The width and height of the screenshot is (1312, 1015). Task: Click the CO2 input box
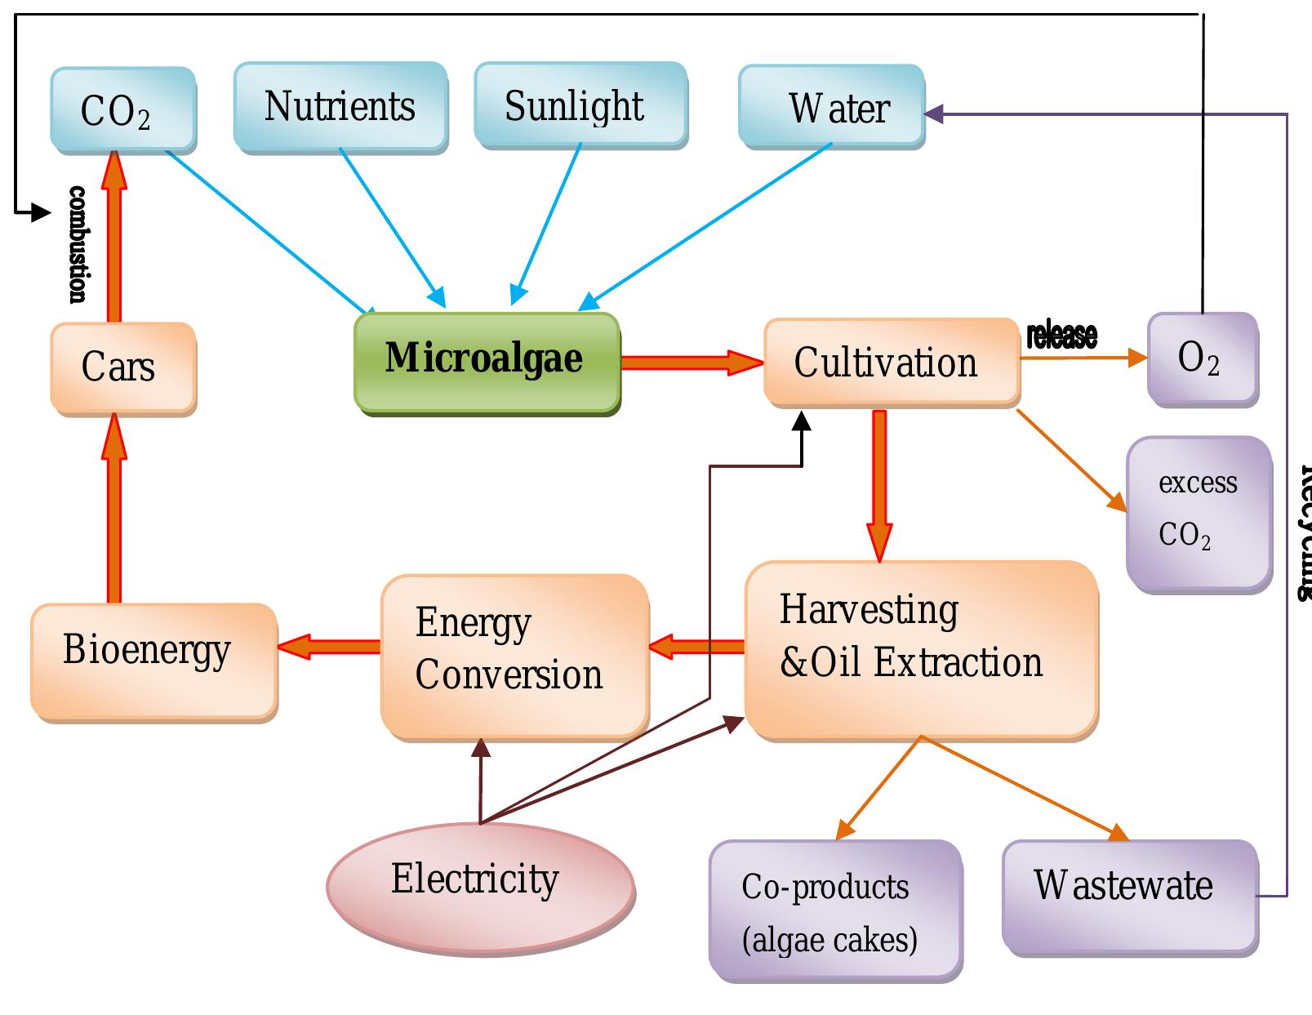coord(122,110)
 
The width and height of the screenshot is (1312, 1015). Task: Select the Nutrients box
coord(340,107)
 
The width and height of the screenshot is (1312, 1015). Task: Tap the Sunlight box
coord(580,106)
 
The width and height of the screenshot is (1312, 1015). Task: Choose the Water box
coord(831,108)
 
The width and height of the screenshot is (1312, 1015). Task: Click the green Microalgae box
coord(487,361)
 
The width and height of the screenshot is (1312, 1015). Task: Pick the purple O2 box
coord(1201,358)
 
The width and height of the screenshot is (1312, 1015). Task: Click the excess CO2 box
coord(1198,512)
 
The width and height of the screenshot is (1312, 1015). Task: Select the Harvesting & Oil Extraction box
coord(920,648)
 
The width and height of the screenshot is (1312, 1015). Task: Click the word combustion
coord(77,244)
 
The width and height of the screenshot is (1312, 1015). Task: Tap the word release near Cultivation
coord(1061,336)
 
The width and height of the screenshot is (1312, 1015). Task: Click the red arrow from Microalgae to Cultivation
coord(690,362)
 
